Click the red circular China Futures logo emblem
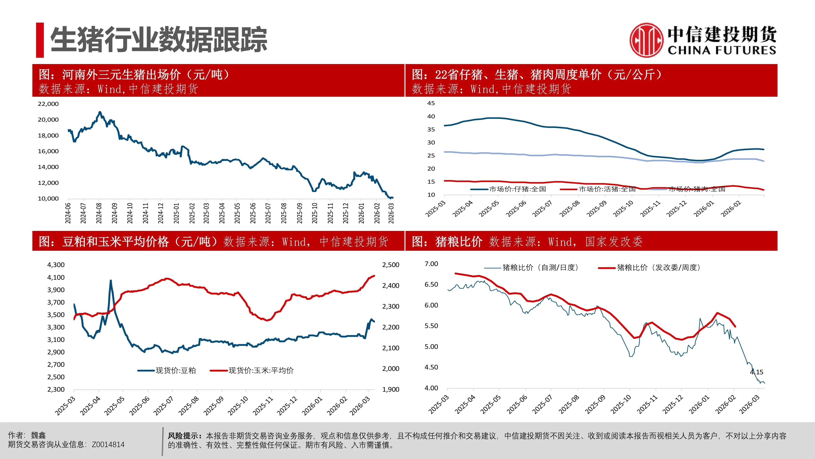click(x=646, y=40)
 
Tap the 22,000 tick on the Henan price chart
click(x=48, y=104)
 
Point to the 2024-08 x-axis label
click(x=99, y=213)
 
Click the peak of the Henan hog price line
click(x=100, y=112)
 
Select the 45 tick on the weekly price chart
click(x=431, y=103)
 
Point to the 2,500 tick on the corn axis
click(x=391, y=265)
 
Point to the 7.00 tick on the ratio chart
click(x=431, y=264)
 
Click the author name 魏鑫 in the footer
click(x=38, y=435)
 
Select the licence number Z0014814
click(x=108, y=445)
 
